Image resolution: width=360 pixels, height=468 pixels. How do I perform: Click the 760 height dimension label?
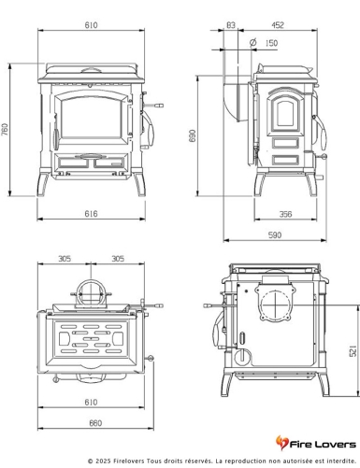pos(5,130)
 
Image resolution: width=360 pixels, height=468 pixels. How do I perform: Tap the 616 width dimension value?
pos(91,214)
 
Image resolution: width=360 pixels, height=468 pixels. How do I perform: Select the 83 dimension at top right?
pos(231,25)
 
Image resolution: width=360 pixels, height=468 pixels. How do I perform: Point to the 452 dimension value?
pos(278,25)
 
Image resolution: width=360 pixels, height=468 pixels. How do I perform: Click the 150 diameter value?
pos(271,43)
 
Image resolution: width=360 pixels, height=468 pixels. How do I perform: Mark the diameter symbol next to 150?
pos(253,42)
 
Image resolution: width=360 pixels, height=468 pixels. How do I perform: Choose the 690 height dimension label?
pos(193,136)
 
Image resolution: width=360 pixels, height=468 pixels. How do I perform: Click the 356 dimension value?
pos(285,214)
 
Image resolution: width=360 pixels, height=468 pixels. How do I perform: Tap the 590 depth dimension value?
pos(275,235)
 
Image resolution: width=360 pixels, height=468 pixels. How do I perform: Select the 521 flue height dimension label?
pos(353,351)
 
